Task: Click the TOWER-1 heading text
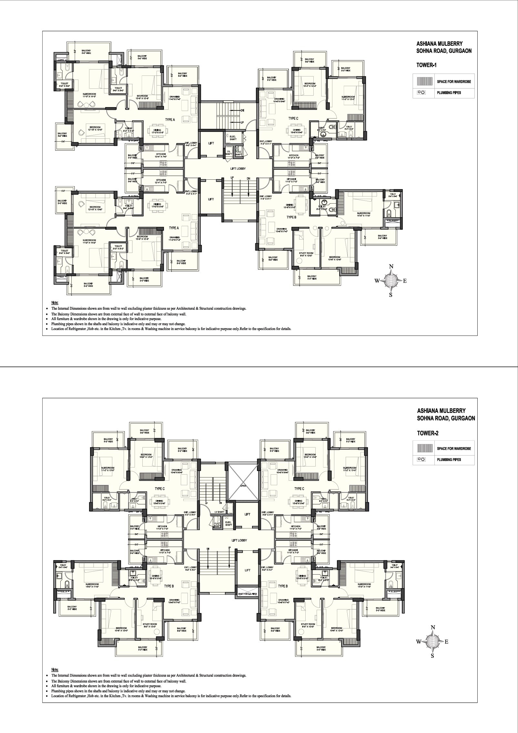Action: coord(427,65)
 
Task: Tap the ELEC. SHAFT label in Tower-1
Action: coord(233,137)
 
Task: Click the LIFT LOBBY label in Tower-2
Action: coord(239,540)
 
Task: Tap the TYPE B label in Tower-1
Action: coord(291,217)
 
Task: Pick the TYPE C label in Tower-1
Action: coord(293,118)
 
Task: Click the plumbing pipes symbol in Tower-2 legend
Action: coord(421,459)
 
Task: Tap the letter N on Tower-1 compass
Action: coord(391,266)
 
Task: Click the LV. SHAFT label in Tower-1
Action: coord(229,153)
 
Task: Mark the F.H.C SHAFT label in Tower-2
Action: coord(218,525)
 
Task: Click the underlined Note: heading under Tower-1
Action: coord(55,303)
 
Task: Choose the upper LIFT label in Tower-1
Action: coord(211,143)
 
